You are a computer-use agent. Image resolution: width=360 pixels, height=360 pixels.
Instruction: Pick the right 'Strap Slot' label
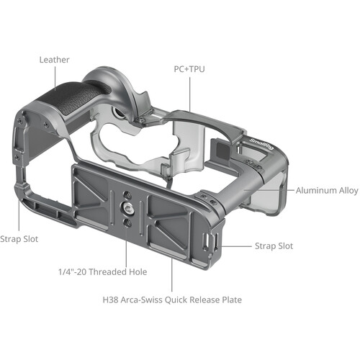tap(274, 246)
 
